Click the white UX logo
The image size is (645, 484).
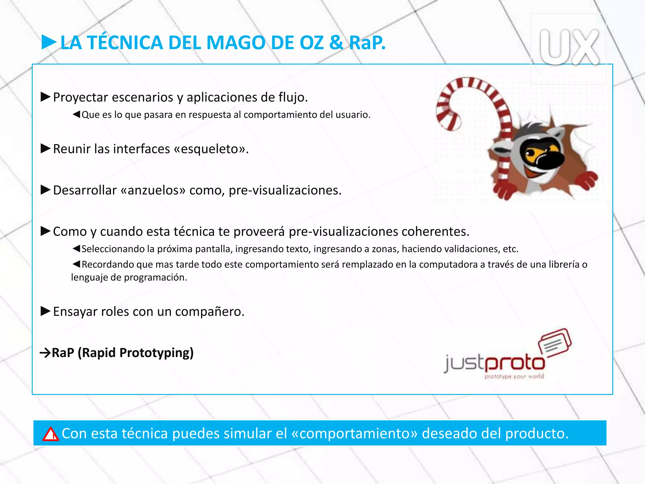coord(569,47)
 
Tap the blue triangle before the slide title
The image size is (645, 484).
coord(48,42)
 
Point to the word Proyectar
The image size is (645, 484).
coord(81,97)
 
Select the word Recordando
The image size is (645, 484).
coord(108,264)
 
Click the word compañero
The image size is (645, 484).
coord(209,312)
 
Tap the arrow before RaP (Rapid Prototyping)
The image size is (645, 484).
coord(45,353)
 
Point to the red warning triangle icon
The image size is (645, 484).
coord(50,434)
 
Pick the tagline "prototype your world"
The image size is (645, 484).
coord(514,376)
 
